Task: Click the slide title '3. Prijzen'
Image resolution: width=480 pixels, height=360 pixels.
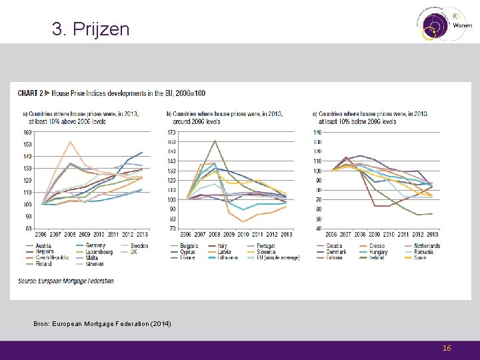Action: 91,29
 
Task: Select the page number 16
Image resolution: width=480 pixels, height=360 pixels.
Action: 447,348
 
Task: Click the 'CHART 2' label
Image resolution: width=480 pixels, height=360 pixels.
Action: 31,93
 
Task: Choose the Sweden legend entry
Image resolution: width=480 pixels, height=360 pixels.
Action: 139,246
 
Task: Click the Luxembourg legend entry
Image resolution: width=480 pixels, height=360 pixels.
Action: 100,252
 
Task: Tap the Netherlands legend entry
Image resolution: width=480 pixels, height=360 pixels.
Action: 427,246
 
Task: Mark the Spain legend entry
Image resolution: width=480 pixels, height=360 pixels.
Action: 421,257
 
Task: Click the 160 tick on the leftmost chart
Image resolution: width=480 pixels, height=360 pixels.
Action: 27,132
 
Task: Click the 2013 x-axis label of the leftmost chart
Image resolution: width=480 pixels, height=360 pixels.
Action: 142,234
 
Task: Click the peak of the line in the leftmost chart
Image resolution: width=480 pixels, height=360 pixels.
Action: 70,141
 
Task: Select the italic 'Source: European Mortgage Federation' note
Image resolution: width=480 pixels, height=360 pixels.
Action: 65,281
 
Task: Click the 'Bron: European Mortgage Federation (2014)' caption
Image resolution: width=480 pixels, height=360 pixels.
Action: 102,323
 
